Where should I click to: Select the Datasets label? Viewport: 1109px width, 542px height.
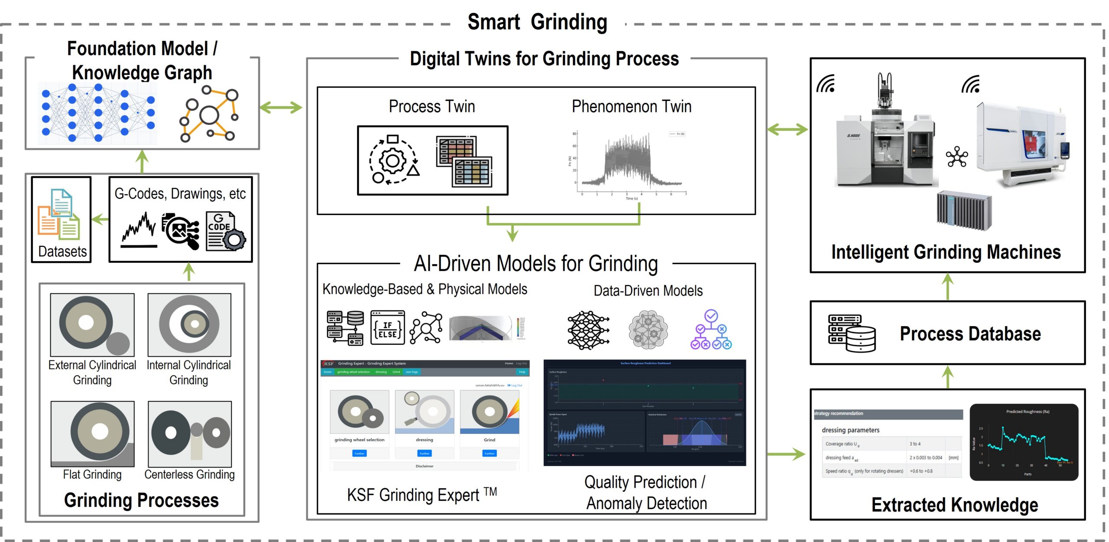click(x=62, y=251)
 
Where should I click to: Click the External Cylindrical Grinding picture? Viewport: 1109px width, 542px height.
click(x=92, y=325)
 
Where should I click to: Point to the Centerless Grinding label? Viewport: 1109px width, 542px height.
click(x=189, y=474)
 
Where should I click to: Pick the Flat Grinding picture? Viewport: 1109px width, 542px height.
click(x=92, y=434)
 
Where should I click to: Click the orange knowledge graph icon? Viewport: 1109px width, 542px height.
click(x=209, y=114)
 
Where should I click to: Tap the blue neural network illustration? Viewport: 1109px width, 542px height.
click(x=98, y=113)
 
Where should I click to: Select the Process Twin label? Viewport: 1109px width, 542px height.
click(x=431, y=106)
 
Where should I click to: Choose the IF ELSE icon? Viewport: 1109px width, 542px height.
click(x=387, y=327)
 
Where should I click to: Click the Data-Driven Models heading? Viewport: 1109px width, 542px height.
click(x=648, y=291)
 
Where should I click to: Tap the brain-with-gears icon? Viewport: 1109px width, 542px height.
click(x=648, y=330)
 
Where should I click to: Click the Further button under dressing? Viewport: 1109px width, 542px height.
click(x=424, y=454)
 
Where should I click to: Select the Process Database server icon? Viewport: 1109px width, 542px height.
click(x=851, y=333)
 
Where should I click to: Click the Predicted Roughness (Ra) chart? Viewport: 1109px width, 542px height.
click(x=1023, y=442)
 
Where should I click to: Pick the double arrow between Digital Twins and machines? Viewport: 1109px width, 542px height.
click(x=788, y=129)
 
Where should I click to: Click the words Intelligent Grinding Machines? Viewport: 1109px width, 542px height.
click(x=946, y=252)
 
